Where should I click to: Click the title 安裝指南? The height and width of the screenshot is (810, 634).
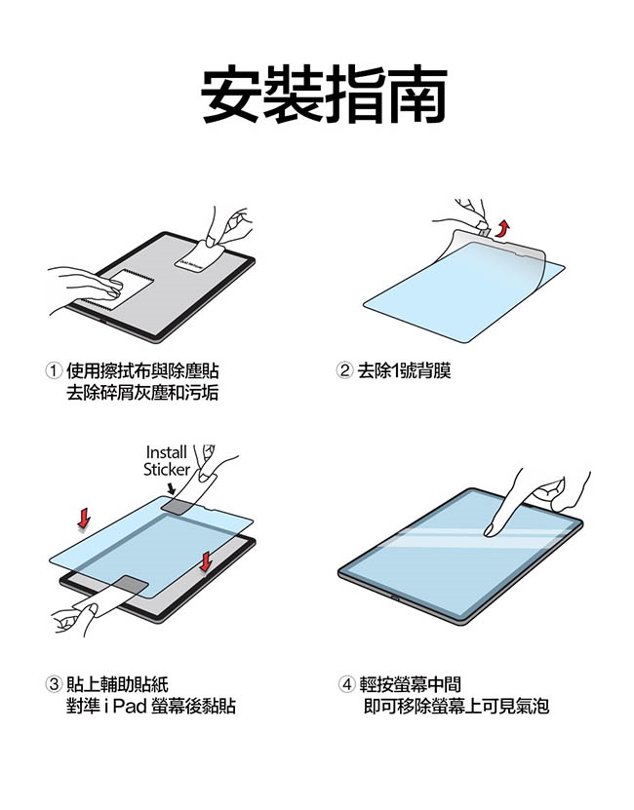(x=324, y=94)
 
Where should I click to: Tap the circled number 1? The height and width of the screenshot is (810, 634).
(x=54, y=370)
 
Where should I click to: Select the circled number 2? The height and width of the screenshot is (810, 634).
(x=344, y=370)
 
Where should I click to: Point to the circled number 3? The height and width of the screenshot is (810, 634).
(x=54, y=684)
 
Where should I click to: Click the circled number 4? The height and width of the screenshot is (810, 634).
(x=347, y=684)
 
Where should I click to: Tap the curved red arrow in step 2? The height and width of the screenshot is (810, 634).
(x=502, y=228)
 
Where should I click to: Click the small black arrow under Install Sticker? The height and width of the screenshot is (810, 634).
(x=171, y=488)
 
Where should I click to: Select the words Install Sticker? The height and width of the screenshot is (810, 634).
(x=167, y=461)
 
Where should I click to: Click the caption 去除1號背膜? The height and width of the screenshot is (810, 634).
(x=405, y=370)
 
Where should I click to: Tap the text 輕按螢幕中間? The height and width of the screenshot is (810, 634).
(x=410, y=684)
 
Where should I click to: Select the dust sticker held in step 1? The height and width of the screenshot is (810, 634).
(x=200, y=255)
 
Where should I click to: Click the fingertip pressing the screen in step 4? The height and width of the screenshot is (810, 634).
(x=489, y=530)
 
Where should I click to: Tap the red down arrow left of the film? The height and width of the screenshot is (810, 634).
(x=84, y=519)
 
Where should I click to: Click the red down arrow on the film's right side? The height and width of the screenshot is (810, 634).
(x=206, y=561)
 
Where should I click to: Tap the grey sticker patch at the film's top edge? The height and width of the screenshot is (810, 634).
(x=178, y=506)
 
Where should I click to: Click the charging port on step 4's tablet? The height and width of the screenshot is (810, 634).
(x=396, y=598)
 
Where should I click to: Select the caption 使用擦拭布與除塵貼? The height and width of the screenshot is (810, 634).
(x=142, y=370)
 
